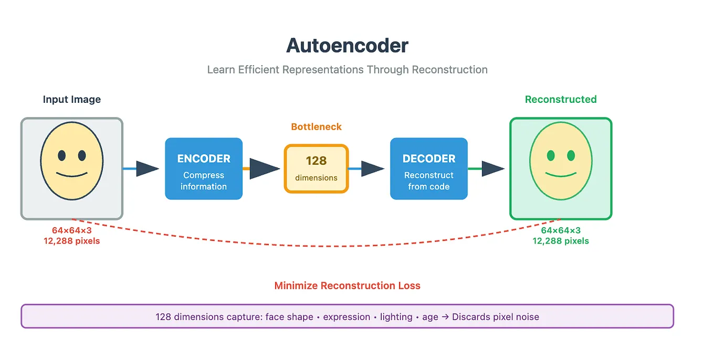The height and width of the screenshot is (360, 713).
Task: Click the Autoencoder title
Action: [347, 46]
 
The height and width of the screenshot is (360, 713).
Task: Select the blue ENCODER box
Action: [204, 168]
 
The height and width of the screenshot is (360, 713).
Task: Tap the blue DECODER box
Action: [429, 168]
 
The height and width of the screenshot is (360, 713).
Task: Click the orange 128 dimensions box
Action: [316, 168]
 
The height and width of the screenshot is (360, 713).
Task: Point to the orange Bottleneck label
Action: [316, 126]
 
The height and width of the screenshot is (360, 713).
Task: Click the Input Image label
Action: [72, 99]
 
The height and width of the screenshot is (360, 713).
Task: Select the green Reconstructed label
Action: [561, 99]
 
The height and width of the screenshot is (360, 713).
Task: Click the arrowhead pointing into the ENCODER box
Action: [148, 168]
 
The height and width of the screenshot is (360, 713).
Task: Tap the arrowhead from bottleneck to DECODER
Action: [373, 168]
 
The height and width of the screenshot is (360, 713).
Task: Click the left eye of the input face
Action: [62, 155]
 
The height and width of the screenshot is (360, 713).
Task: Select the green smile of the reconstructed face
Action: [561, 175]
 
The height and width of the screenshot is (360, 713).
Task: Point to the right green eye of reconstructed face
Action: [571, 155]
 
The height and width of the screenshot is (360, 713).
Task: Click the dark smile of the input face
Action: [72, 175]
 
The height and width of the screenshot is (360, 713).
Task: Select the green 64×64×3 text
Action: [561, 230]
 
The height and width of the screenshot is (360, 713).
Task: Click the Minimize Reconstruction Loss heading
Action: [347, 285]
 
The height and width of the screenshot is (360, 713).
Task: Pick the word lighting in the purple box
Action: [396, 317]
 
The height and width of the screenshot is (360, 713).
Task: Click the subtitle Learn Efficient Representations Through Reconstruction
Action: [347, 70]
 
